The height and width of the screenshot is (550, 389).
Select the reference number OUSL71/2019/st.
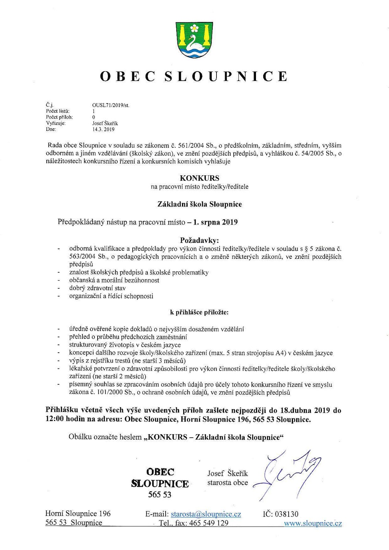pyautogui.click(x=111, y=106)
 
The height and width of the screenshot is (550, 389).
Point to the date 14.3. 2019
pyautogui.click(x=103, y=130)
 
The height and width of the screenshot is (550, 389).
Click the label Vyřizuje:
pyautogui.click(x=56, y=123)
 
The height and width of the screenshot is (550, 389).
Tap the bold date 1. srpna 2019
pyautogui.click(x=215, y=222)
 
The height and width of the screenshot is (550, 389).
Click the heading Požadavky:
pyautogui.click(x=199, y=240)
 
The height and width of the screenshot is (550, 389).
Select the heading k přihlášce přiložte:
pyautogui.click(x=199, y=312)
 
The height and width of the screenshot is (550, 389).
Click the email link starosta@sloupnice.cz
pyautogui.click(x=206, y=514)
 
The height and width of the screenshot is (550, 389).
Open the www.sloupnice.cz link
pyautogui.click(x=313, y=524)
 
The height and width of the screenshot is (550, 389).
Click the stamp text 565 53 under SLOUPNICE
pyautogui.click(x=159, y=495)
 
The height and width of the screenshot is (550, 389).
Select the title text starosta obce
pyautogui.click(x=227, y=483)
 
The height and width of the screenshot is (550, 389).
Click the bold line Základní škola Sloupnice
pyautogui.click(x=200, y=204)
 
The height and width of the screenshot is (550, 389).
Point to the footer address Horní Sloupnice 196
pyautogui.click(x=78, y=514)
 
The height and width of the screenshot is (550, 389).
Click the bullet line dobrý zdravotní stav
pyautogui.click(x=97, y=288)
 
